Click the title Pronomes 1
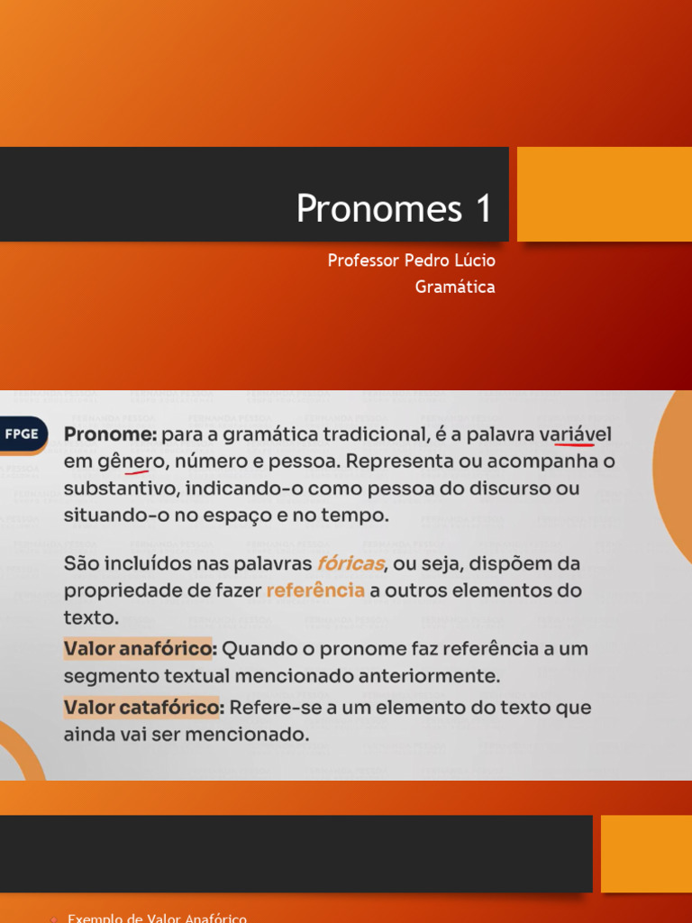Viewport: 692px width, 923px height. tap(394, 208)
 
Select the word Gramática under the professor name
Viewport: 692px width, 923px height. tap(455, 288)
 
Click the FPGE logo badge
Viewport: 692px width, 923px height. tap(22, 434)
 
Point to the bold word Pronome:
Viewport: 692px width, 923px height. tap(110, 434)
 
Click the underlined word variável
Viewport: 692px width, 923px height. tap(575, 434)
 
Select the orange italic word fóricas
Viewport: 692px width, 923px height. tap(351, 563)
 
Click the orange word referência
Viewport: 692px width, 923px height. tap(315, 591)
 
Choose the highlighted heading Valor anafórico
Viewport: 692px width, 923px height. tap(139, 649)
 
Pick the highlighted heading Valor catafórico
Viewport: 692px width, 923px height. tap(141, 708)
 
